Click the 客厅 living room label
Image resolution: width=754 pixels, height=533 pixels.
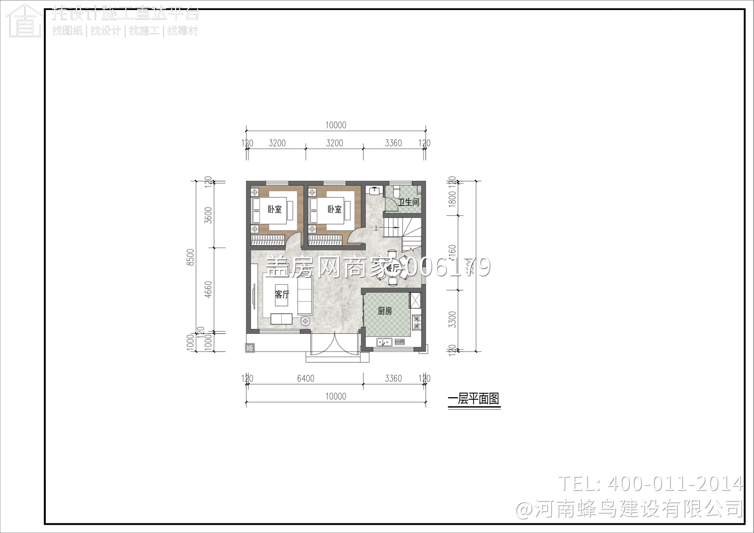tap(282, 295)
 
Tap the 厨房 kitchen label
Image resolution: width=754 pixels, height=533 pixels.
tap(385, 311)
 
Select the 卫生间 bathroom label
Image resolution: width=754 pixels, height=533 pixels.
tap(408, 202)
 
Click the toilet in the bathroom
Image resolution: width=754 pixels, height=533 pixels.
tap(396, 192)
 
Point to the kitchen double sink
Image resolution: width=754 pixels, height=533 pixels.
tap(385, 342)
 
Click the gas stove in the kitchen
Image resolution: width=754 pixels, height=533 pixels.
tap(416, 322)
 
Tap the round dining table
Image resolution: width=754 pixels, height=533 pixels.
tap(392, 268)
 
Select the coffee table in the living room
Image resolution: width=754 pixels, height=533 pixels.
tap(281, 319)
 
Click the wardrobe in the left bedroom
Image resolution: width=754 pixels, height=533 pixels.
tap(269, 240)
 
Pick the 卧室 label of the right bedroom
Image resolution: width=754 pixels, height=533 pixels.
tap(334, 209)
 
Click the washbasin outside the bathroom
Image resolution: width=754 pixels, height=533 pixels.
tap(374, 191)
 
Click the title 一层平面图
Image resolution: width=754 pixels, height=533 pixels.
tap(474, 399)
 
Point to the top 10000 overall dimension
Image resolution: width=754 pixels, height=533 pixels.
tap(336, 125)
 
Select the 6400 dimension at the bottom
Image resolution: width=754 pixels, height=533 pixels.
tap(305, 379)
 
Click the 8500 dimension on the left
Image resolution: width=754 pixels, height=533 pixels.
tap(191, 257)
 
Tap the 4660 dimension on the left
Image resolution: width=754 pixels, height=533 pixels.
tap(209, 290)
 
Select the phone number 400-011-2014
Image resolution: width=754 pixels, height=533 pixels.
tap(675, 484)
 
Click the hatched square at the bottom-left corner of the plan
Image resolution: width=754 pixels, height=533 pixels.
tap(250, 347)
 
